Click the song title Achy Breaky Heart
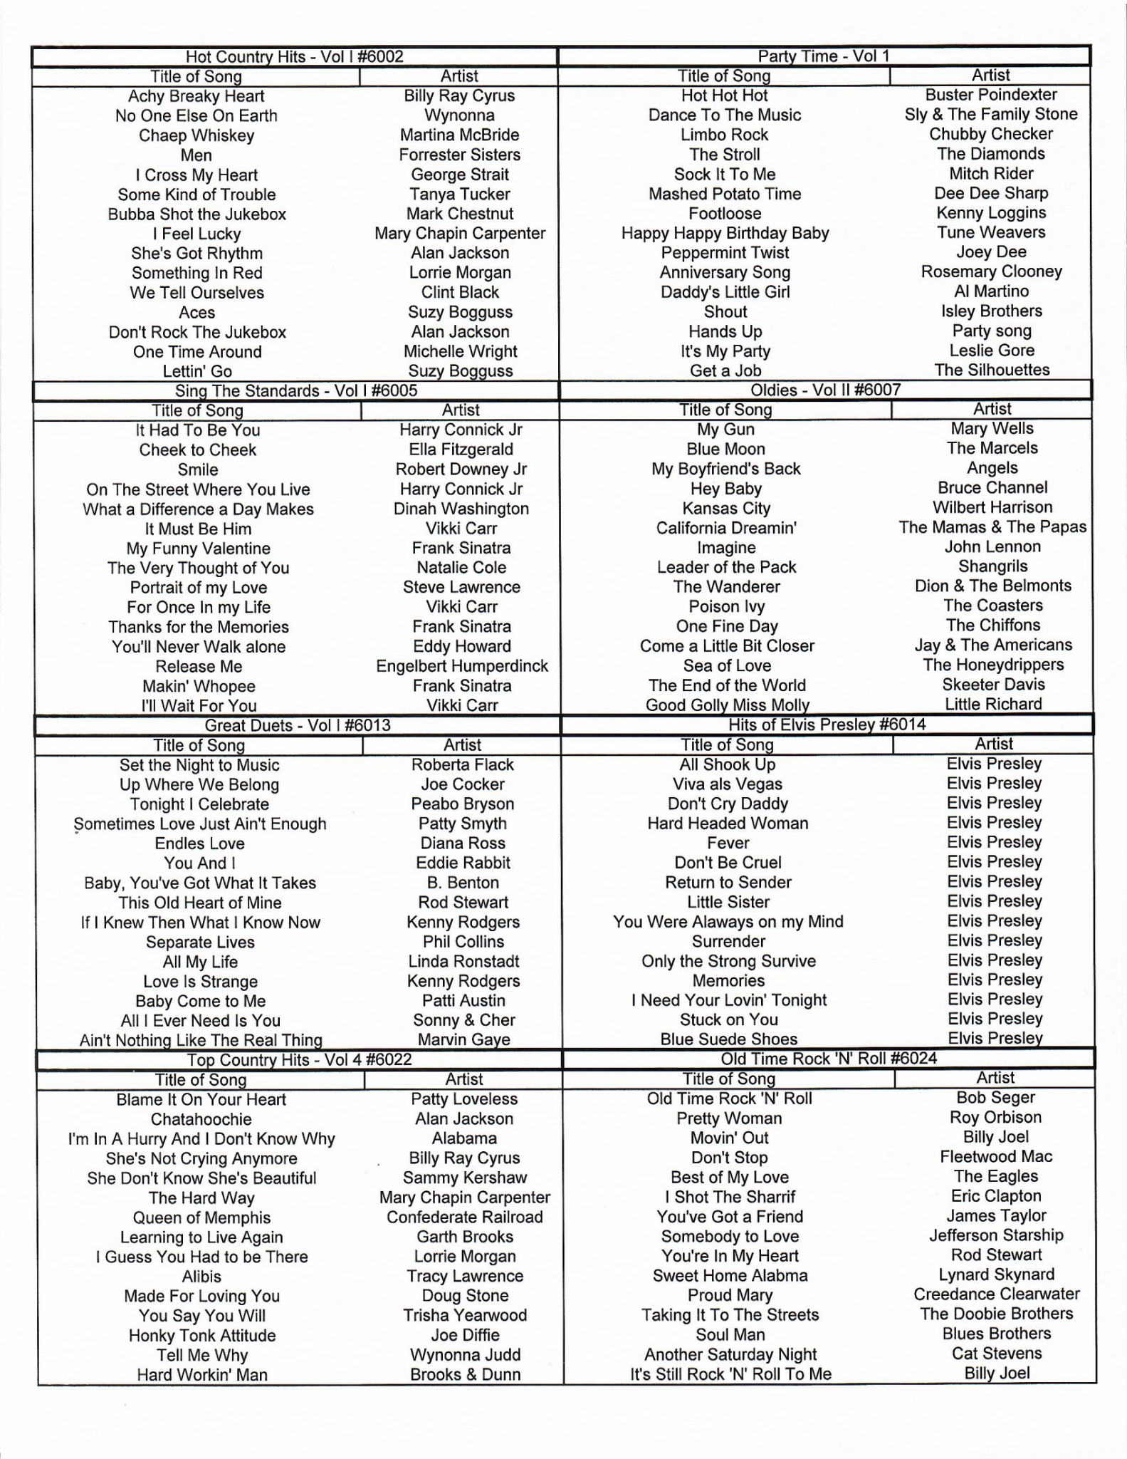coord(196,96)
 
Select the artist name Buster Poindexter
coord(991,95)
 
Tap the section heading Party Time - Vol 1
coord(824,56)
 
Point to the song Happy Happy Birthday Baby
coord(725,233)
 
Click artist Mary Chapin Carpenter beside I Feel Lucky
coord(460,233)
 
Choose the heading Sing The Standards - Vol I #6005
coord(296,390)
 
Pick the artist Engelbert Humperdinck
coord(462,666)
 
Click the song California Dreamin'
coord(726,528)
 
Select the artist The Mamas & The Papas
coord(992,527)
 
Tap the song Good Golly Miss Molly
coord(727,705)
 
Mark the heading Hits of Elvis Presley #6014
coord(827,725)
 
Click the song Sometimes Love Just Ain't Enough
coord(200,824)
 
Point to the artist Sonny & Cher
coord(463,1020)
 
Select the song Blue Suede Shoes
coord(728,1039)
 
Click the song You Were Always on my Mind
coord(728,922)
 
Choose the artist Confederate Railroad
coord(464,1217)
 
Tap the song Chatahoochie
coord(201,1119)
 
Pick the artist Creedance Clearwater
coord(996,1294)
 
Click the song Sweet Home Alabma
coord(730,1275)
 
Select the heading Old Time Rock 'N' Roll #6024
coord(829,1059)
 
